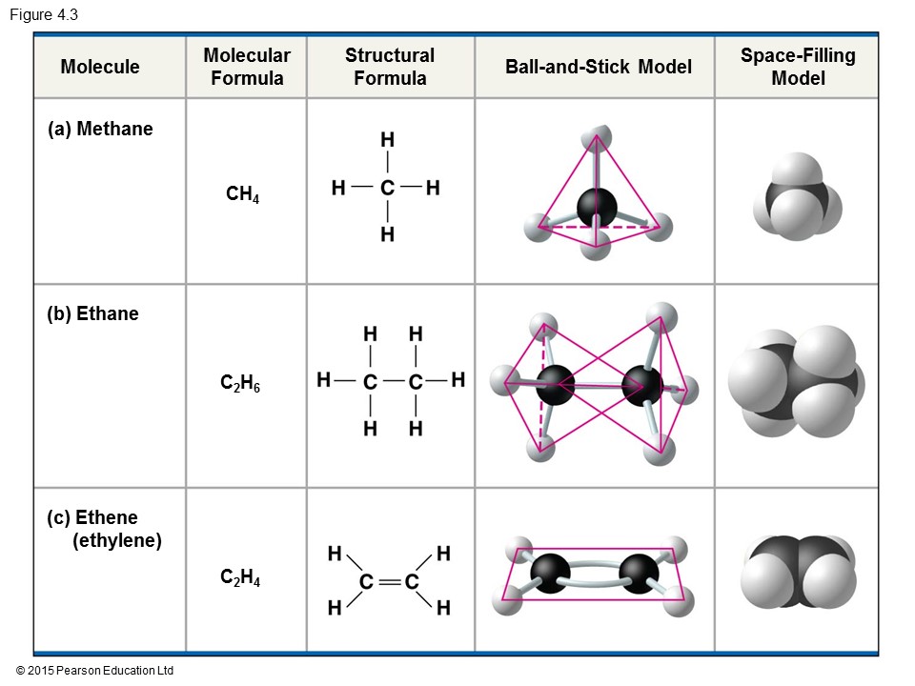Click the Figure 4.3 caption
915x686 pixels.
(x=44, y=14)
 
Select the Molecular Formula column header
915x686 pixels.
(x=247, y=67)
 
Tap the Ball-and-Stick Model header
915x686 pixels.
(x=599, y=67)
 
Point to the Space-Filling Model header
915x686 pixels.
(x=798, y=67)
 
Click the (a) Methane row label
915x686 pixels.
(x=100, y=130)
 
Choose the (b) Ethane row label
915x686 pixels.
(x=92, y=314)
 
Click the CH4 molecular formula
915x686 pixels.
(x=243, y=195)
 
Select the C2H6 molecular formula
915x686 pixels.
(x=240, y=384)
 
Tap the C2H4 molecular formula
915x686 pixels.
(x=240, y=576)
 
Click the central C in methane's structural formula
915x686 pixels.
(x=387, y=189)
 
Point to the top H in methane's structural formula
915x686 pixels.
(x=387, y=140)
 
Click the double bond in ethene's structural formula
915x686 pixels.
(x=389, y=581)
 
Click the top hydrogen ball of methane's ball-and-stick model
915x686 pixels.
(x=598, y=133)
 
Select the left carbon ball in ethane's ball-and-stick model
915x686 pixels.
(x=554, y=386)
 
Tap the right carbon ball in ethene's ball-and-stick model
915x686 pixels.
(x=639, y=574)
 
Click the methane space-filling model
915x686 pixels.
(x=797, y=199)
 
